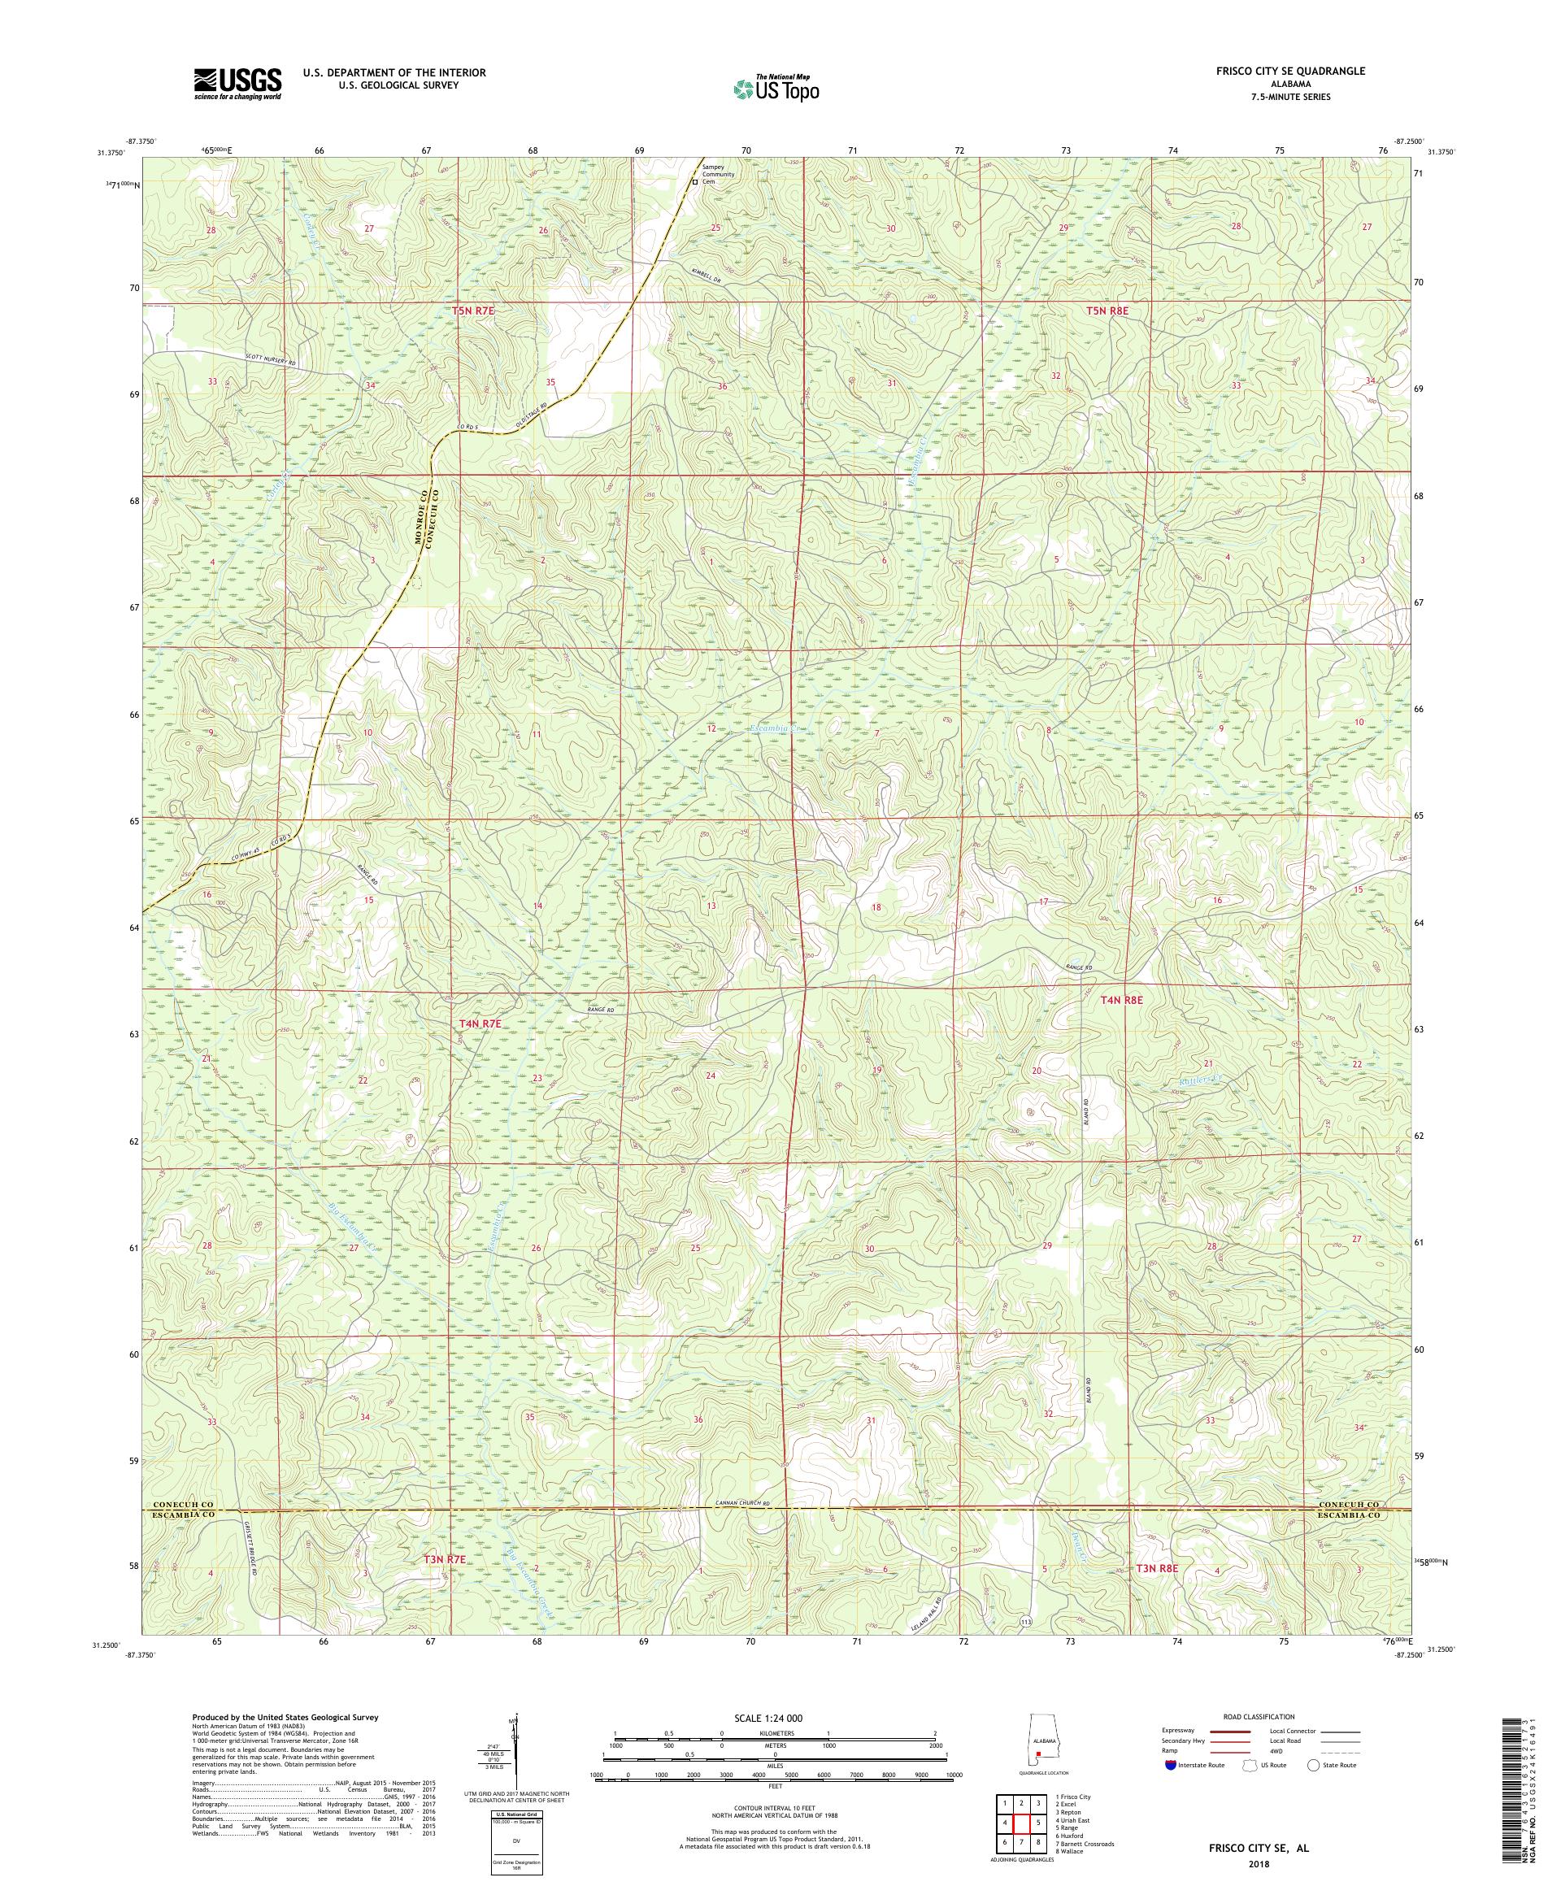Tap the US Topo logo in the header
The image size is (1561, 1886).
click(776, 87)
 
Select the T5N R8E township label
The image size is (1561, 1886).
click(1106, 310)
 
